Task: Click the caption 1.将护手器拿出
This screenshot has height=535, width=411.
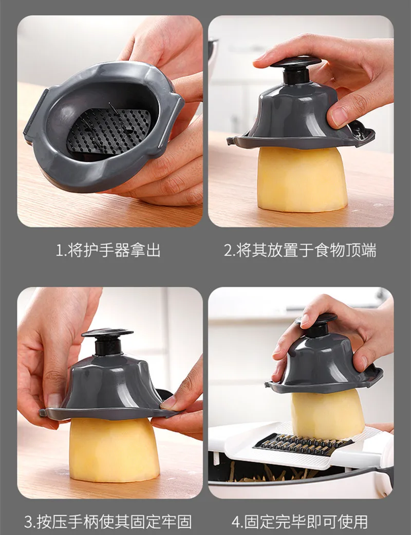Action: [108, 250]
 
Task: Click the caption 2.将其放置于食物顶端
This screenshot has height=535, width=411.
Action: [300, 250]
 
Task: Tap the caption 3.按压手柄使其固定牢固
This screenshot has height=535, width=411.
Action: [108, 522]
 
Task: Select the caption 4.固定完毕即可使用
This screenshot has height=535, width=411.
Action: [300, 522]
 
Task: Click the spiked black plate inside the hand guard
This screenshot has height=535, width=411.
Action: [108, 131]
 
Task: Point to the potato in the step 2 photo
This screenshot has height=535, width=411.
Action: [302, 179]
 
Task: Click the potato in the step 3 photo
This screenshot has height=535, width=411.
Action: [114, 450]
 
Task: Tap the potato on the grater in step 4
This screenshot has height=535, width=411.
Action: [327, 414]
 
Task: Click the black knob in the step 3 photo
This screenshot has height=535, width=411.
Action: [107, 341]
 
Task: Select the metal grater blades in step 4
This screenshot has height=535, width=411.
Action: [303, 444]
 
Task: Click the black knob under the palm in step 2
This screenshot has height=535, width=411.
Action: [295, 70]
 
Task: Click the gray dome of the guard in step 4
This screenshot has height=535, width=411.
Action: [324, 363]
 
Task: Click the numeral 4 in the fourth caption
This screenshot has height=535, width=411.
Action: [236, 522]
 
